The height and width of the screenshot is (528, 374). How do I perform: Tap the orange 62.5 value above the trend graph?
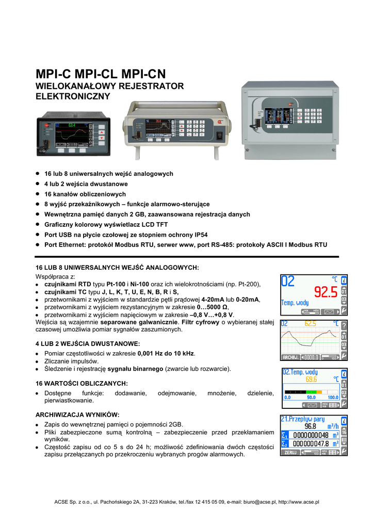[x=311, y=324]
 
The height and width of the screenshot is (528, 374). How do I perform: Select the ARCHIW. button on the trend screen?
[x=291, y=357]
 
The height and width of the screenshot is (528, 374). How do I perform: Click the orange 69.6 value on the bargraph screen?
[x=312, y=379]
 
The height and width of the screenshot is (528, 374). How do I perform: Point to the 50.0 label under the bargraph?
[x=311, y=398]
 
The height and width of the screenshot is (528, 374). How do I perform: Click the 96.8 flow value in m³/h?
[x=311, y=426]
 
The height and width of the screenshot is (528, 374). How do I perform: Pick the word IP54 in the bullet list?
[x=200, y=235]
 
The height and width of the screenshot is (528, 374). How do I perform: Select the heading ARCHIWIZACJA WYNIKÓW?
[x=77, y=414]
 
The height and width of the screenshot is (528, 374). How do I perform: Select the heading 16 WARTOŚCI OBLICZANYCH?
[x=81, y=384]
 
